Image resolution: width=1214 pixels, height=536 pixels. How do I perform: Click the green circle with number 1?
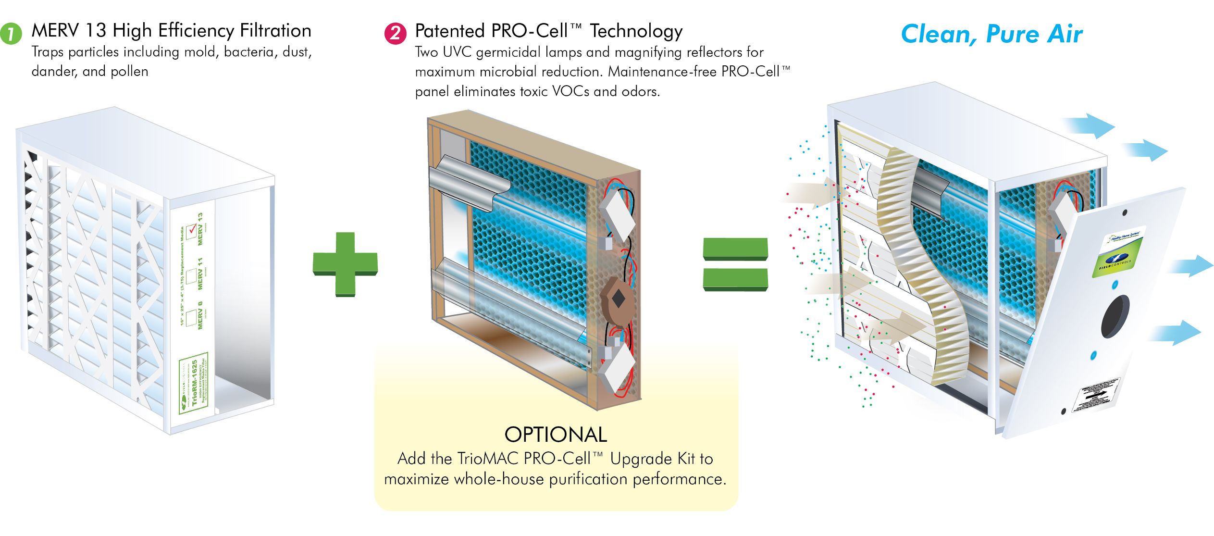(11, 34)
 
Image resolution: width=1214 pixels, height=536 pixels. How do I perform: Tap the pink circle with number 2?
(395, 34)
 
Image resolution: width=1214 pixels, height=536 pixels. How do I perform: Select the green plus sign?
(345, 264)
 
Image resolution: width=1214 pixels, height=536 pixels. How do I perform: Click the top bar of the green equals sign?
(735, 249)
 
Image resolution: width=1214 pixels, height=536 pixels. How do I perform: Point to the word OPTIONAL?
(556, 435)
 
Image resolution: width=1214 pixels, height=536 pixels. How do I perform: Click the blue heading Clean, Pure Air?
(991, 34)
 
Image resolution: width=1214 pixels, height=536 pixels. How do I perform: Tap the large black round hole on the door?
(1115, 316)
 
